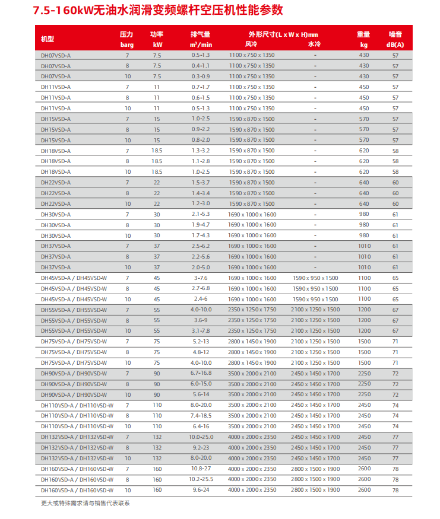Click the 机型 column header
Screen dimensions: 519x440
[48, 39]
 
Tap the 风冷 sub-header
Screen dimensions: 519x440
[251, 44]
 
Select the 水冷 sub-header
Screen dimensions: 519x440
[315, 44]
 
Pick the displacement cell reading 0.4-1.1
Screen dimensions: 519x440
[201, 66]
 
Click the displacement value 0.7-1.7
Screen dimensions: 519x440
[201, 87]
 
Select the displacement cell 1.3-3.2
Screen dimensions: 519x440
[201, 151]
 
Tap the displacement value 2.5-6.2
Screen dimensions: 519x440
[201, 246]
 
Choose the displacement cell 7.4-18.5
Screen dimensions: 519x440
[201, 416]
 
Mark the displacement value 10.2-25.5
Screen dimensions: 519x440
[201, 479]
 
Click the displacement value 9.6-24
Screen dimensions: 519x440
[201, 490]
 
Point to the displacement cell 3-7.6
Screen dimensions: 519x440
[201, 278]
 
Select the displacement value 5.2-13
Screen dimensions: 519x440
[201, 342]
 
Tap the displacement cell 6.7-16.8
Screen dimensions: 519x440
[201, 373]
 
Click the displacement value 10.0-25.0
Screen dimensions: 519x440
[201, 437]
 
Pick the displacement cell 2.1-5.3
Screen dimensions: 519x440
[201, 214]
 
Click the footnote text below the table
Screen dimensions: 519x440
[85, 504]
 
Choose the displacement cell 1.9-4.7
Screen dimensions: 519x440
[201, 225]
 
